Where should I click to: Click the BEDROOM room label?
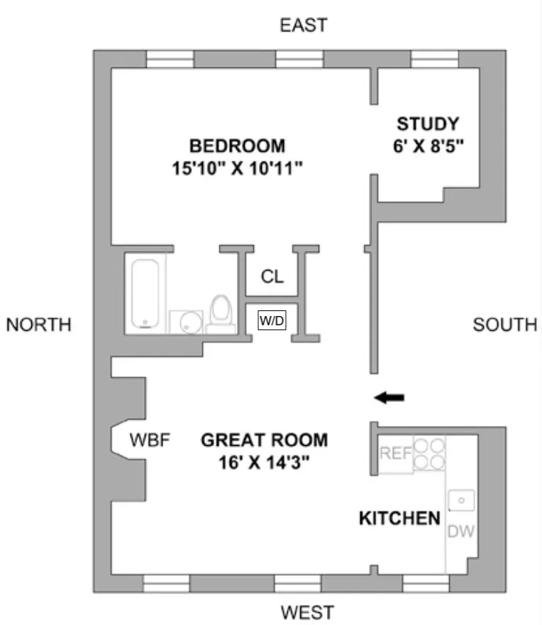point(237,146)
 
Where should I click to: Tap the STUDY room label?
point(427,124)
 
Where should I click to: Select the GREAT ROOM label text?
point(264,440)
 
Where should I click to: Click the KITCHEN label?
point(399,518)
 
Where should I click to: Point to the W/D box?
point(272,321)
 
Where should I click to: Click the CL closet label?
point(272,276)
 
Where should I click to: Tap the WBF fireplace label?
point(150,440)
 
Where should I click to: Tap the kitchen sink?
point(462,500)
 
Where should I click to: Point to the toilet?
point(222,314)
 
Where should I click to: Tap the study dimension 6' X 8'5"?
point(427,147)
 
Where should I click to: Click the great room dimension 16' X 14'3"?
point(264,463)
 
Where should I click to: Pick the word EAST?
point(303,26)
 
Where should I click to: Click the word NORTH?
point(38,325)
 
